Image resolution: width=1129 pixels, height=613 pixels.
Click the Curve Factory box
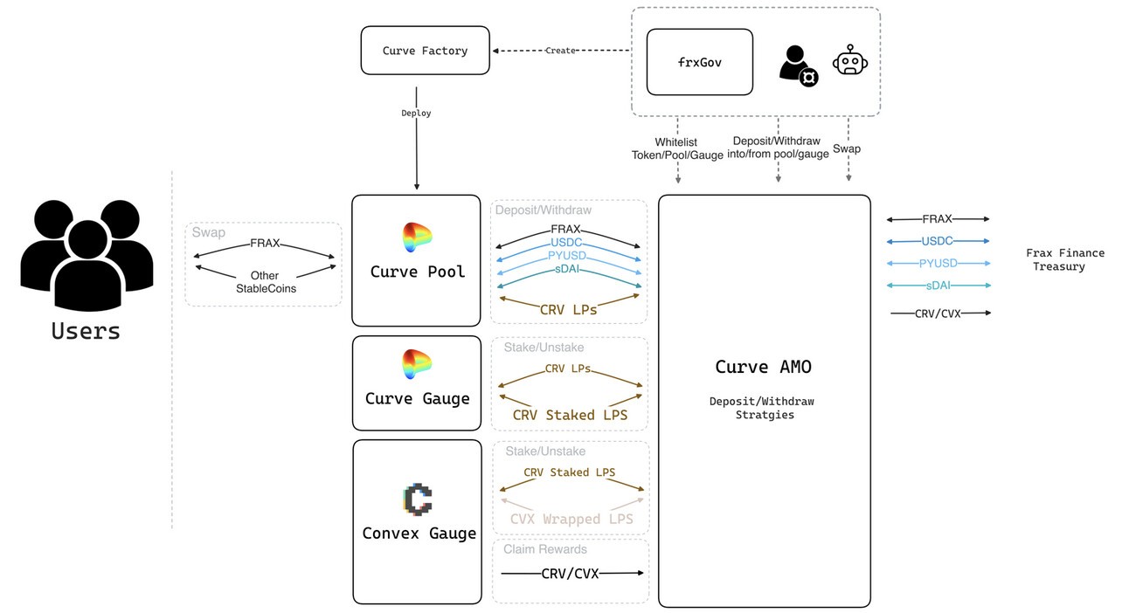(x=425, y=51)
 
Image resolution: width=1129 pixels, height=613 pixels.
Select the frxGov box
(x=699, y=62)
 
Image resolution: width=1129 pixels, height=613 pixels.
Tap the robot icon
(x=849, y=60)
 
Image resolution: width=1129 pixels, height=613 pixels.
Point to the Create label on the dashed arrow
(x=560, y=51)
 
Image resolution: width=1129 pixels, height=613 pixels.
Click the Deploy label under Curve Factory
(x=416, y=114)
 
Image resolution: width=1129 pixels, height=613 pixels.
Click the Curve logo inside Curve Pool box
(x=417, y=238)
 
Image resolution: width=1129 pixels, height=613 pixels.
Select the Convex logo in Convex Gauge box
(x=418, y=499)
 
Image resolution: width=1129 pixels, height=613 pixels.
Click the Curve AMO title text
(x=764, y=367)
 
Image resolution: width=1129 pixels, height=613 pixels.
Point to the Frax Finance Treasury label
(x=1064, y=259)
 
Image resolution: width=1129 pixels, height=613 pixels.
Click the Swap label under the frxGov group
(x=846, y=148)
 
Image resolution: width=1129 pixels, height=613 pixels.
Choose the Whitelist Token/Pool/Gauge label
(x=677, y=148)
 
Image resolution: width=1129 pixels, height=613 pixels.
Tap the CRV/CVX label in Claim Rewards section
(x=570, y=574)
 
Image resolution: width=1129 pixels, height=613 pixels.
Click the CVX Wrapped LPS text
(x=571, y=519)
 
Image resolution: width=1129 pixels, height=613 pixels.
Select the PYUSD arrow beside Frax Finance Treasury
(x=938, y=263)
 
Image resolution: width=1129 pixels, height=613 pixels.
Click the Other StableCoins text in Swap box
(x=265, y=281)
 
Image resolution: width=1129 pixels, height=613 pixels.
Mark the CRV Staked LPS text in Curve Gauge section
(x=570, y=415)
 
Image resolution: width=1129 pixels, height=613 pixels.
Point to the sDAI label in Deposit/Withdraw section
(x=569, y=270)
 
